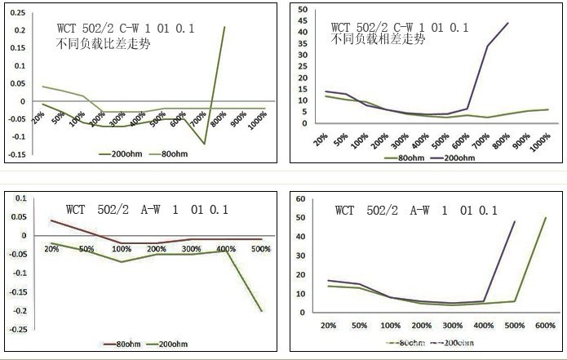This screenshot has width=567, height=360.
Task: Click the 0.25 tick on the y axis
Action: pos(16,13)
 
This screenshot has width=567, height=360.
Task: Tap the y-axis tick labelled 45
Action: pos(301,20)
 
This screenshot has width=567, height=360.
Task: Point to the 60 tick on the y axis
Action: pos(301,198)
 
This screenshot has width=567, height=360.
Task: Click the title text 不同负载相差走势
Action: pos(378,38)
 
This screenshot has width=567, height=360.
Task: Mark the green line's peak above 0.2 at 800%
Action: pos(224,27)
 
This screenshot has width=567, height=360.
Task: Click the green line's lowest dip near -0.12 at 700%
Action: pos(204,144)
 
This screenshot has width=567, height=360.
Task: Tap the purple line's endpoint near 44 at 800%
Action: pos(508,23)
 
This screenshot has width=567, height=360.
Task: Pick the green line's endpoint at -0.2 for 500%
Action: pos(262,310)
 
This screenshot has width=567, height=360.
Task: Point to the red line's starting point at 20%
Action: pos(51,220)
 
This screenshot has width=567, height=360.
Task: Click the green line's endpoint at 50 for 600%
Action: pos(545,217)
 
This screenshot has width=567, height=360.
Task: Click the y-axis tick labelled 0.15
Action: pos(16,48)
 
